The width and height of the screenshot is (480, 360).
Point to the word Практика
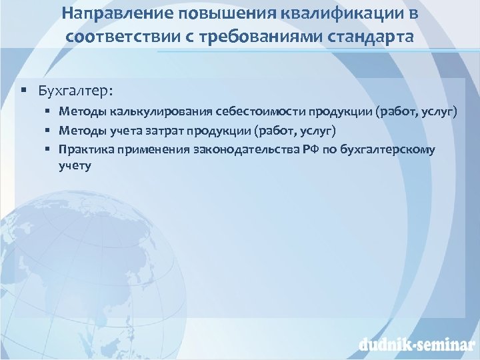tap(85, 149)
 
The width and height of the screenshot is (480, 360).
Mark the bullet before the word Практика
tap(49, 149)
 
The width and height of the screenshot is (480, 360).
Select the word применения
tap(148, 149)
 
